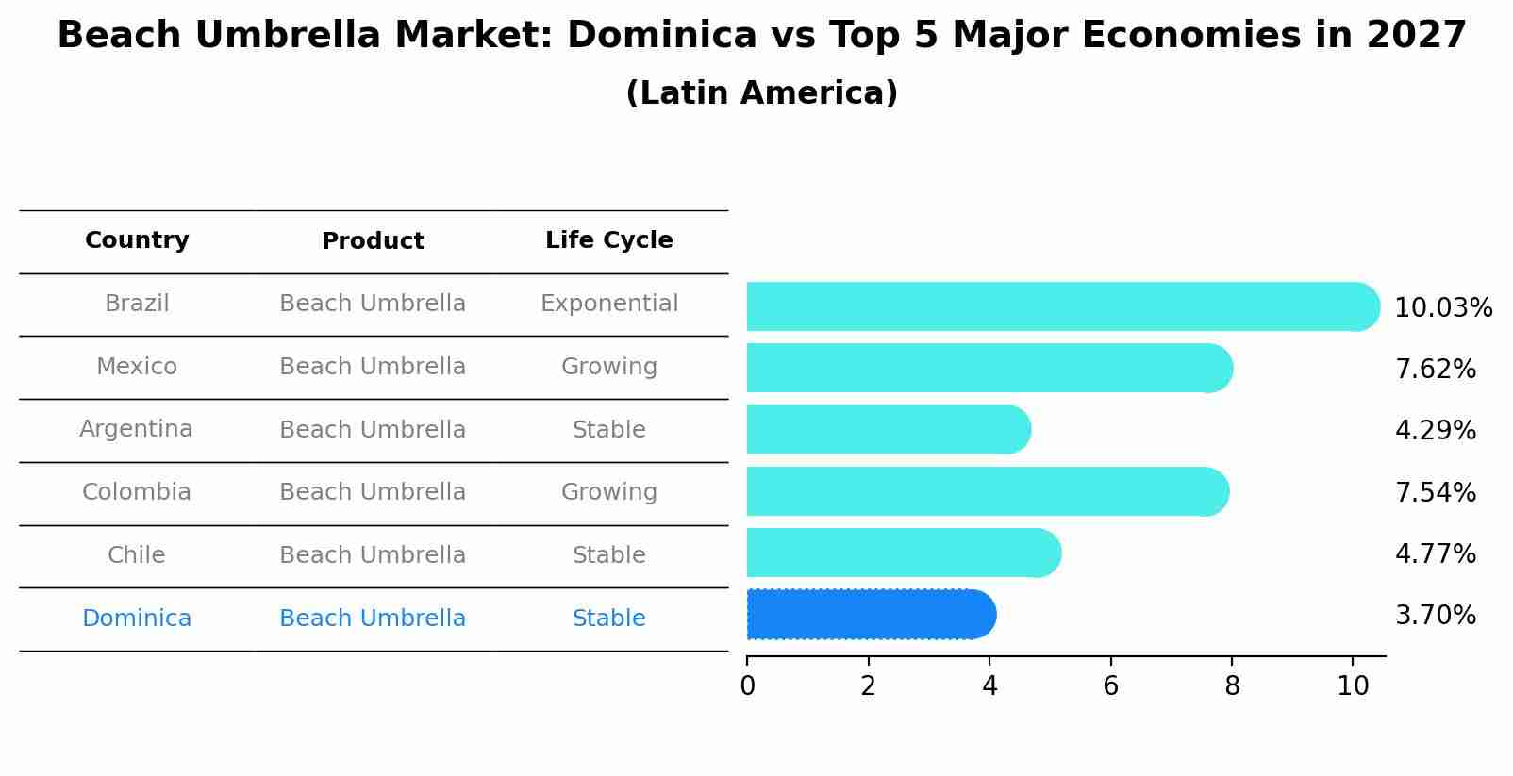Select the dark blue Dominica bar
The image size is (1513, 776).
click(x=870, y=615)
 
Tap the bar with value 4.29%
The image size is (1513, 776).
click(x=888, y=430)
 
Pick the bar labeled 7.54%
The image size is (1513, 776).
click(x=986, y=491)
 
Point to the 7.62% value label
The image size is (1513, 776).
click(x=1435, y=370)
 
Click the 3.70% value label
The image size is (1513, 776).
click(x=1435, y=616)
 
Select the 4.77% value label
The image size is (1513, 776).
click(x=1435, y=553)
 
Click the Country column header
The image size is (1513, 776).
click(x=137, y=240)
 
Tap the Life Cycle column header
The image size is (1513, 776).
click(x=608, y=240)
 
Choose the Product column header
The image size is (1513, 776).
click(x=373, y=241)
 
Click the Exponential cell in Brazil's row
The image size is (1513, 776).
click(x=608, y=304)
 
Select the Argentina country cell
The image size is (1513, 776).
click(x=136, y=429)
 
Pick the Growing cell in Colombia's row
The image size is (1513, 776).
click(x=608, y=492)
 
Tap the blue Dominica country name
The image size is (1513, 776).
click(x=137, y=619)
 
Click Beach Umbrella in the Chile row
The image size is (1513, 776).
click(x=373, y=555)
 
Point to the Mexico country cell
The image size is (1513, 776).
click(x=137, y=367)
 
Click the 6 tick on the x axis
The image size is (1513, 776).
click(x=1110, y=686)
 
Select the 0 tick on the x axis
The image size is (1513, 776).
click(x=747, y=686)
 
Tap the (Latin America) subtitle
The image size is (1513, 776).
click(x=761, y=93)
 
